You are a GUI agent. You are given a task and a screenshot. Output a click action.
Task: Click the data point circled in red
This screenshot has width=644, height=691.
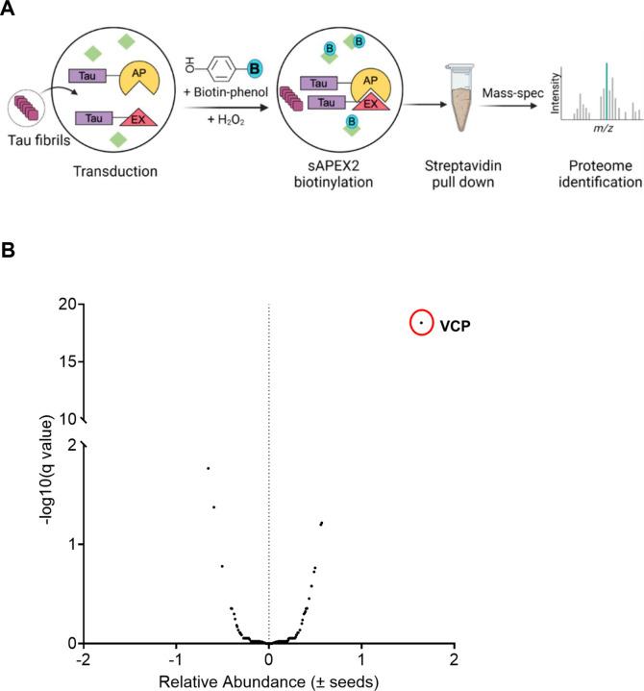[x=421, y=323]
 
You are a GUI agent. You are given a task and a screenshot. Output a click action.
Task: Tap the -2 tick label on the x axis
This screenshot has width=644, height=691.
[x=84, y=663]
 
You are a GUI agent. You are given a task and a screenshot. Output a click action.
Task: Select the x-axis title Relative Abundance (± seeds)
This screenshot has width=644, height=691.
[x=268, y=683]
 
